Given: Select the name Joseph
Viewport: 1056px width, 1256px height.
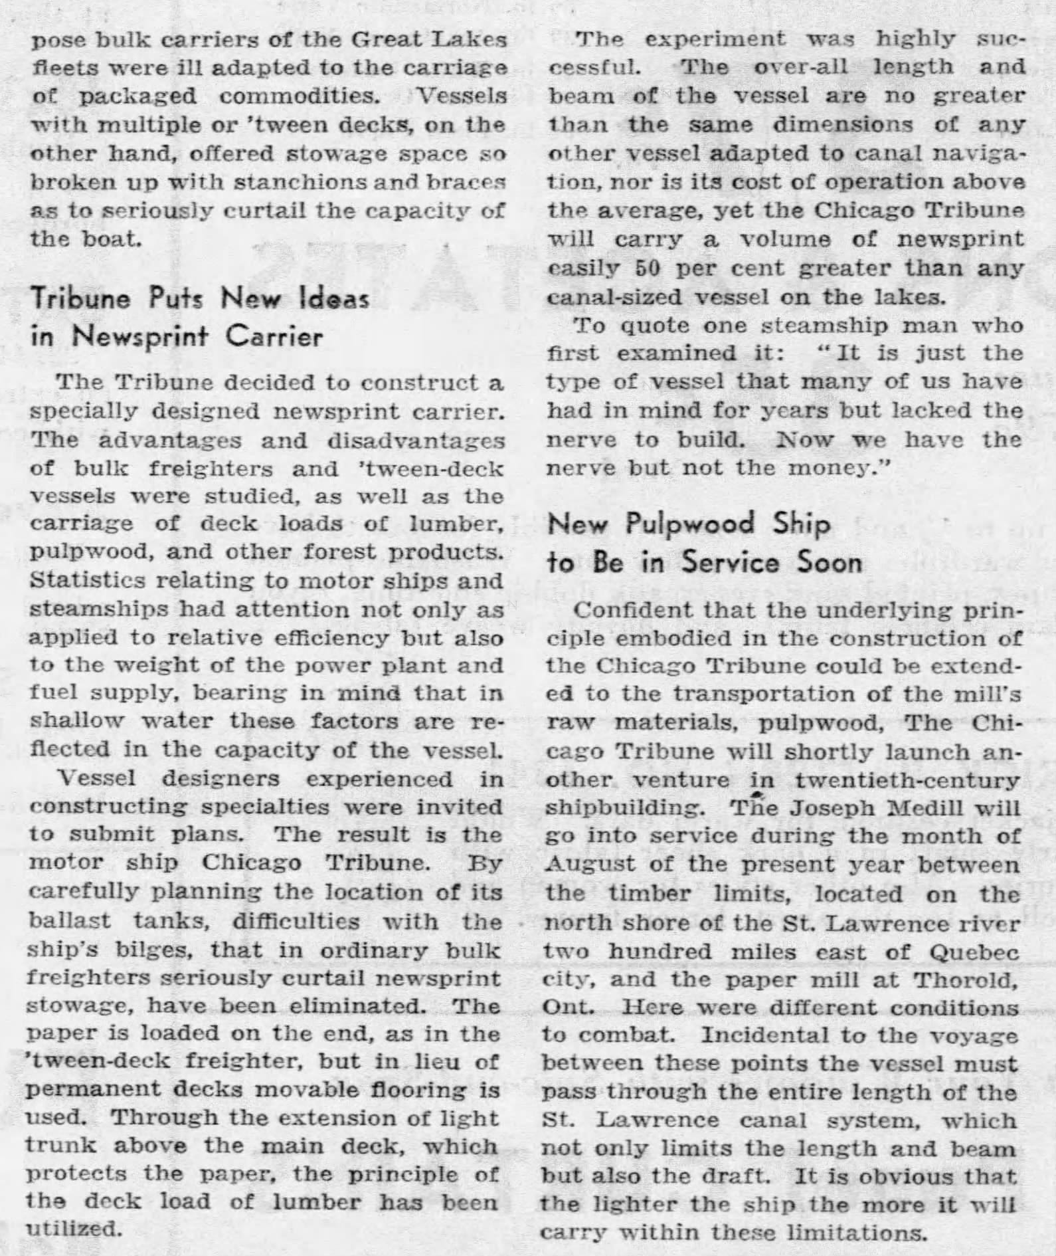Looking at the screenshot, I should (822, 807).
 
